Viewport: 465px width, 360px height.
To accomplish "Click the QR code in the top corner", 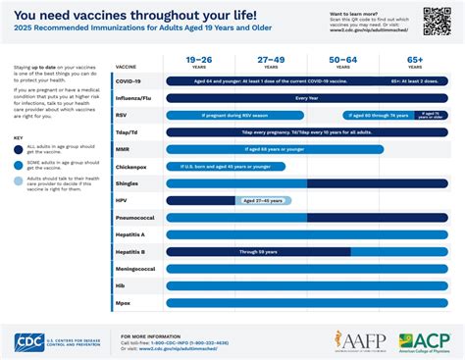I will coord(437,21).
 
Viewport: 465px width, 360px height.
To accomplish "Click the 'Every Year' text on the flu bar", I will coord(307,99).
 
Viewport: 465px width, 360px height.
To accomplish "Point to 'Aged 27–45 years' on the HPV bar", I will coord(263,200).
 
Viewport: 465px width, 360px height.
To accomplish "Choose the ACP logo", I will coord(417,341).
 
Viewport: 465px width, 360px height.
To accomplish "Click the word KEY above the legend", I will coord(19,136).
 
